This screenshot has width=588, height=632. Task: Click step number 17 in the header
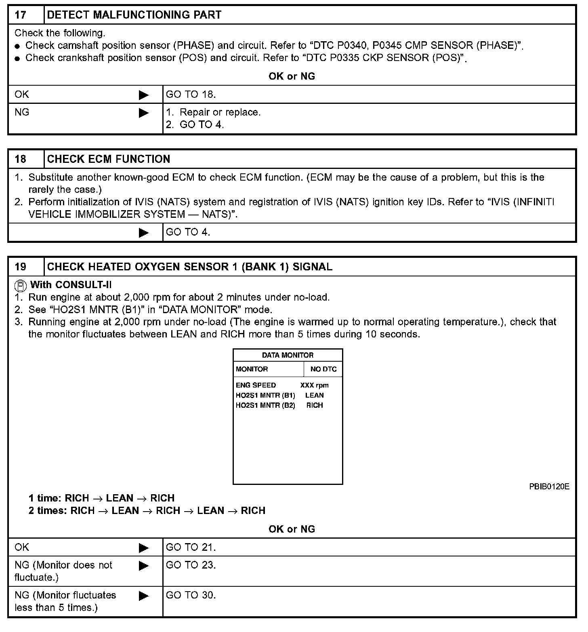pyautogui.click(x=21, y=15)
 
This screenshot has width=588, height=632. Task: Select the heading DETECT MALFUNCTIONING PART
pyautogui.click(x=134, y=15)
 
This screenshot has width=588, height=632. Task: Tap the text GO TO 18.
pyautogui.click(x=191, y=95)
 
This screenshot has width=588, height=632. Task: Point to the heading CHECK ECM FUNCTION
pyautogui.click(x=109, y=159)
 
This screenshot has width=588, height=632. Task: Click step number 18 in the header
pyautogui.click(x=21, y=159)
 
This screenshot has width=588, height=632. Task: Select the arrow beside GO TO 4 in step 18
pyautogui.click(x=143, y=233)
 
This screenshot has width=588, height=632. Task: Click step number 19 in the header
pyautogui.click(x=21, y=267)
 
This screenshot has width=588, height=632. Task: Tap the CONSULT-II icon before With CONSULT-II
pyautogui.click(x=21, y=286)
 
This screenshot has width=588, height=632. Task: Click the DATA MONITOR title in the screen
pyautogui.click(x=288, y=355)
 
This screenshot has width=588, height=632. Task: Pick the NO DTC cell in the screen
pyautogui.click(x=323, y=369)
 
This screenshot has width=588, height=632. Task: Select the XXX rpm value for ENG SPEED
pyautogui.click(x=314, y=385)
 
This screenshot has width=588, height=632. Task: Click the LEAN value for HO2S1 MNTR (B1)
pyautogui.click(x=314, y=395)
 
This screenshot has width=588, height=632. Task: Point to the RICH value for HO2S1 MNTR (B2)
pyautogui.click(x=314, y=405)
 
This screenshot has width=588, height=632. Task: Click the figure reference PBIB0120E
pyautogui.click(x=549, y=487)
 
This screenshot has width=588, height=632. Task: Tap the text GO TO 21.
pyautogui.click(x=191, y=548)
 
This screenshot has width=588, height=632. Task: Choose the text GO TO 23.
pyautogui.click(x=191, y=565)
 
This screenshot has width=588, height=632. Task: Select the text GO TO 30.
pyautogui.click(x=191, y=595)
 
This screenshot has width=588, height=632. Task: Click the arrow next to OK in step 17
pyautogui.click(x=143, y=95)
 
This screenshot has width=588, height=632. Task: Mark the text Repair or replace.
pyautogui.click(x=220, y=112)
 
